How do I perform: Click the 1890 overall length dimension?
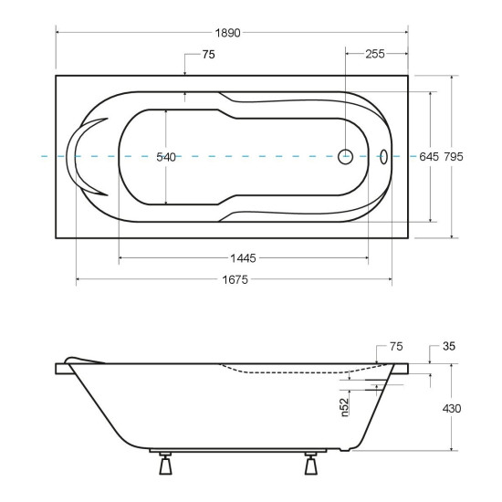pyautogui.click(x=227, y=33)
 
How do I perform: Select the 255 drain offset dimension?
pyautogui.click(x=375, y=54)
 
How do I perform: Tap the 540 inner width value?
pyautogui.click(x=166, y=157)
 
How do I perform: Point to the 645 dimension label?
pyautogui.click(x=429, y=157)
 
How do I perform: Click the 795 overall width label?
pyautogui.click(x=454, y=157)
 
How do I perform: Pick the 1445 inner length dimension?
pyautogui.click(x=244, y=258)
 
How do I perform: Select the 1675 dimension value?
pyautogui.click(x=235, y=280)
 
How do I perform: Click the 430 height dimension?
pyautogui.click(x=452, y=409)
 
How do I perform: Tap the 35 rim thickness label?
pyautogui.click(x=449, y=346)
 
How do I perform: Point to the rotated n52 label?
pyautogui.click(x=344, y=407)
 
